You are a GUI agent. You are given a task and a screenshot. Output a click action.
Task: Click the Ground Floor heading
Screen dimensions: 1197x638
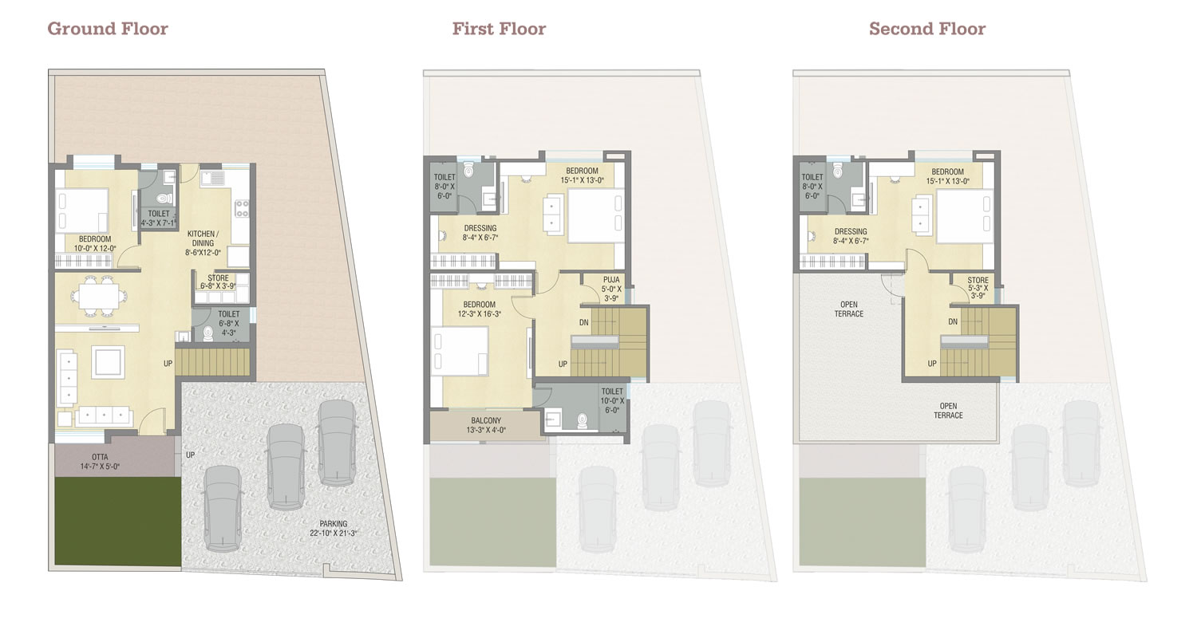point(108,28)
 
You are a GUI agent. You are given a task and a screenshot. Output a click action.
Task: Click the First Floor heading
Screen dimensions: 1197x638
point(499,28)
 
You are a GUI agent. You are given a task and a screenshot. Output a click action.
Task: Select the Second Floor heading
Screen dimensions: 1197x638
point(927,28)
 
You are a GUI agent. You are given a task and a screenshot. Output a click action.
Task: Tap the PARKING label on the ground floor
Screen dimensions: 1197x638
point(334,528)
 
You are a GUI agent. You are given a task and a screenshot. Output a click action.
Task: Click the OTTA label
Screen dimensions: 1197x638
point(100,461)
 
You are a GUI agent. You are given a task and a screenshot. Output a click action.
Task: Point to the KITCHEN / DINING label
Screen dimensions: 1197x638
point(203,243)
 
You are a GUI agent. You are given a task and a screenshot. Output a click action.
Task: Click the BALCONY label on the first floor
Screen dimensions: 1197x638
point(486,425)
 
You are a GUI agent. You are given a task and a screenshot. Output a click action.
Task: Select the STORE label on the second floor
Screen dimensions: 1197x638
point(978,288)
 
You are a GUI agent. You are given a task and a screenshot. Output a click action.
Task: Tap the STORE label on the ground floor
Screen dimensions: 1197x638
point(218,282)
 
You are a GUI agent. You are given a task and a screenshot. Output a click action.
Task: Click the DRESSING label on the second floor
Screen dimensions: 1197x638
point(851,236)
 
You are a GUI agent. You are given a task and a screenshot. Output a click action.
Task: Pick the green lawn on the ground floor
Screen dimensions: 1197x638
point(117,521)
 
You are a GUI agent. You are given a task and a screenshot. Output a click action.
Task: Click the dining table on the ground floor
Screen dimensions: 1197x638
point(99,296)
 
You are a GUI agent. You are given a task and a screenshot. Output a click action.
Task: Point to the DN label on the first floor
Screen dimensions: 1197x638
point(584,322)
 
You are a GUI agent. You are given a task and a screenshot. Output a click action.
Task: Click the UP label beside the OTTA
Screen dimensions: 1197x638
point(190,455)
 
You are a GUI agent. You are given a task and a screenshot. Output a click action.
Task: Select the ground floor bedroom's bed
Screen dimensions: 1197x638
point(82,210)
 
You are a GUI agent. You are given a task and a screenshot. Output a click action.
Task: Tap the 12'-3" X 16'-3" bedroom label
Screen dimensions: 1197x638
point(480,309)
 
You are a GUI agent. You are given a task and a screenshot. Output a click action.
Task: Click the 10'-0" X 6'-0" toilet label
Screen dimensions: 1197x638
point(612,400)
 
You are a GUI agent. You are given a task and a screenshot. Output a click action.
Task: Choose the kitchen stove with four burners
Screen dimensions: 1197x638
point(242,208)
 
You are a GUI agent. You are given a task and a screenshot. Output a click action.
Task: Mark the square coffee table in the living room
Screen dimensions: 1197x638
point(108,362)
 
